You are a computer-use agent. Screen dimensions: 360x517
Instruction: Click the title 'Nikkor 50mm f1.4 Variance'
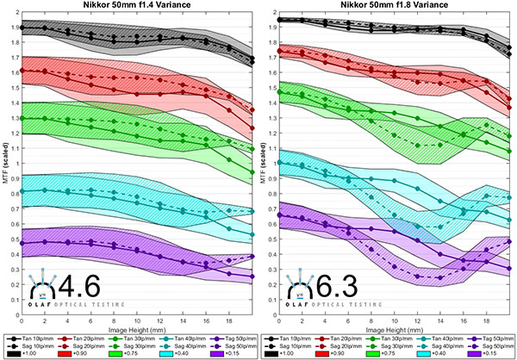(x=137, y=6)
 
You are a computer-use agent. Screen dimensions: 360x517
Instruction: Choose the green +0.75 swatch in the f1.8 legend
(x=376, y=353)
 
